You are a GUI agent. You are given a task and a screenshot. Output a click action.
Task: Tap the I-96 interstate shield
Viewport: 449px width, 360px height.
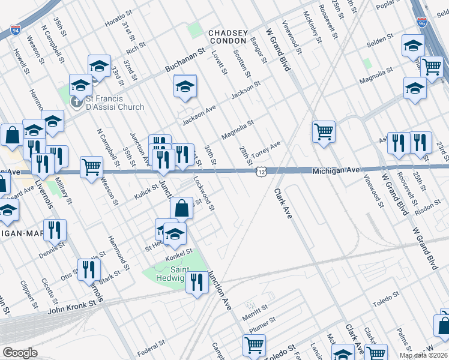click(421, 23)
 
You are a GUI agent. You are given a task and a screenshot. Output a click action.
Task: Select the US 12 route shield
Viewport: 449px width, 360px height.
click(260, 172)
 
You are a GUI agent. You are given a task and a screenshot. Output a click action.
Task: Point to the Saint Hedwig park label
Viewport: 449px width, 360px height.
click(167, 274)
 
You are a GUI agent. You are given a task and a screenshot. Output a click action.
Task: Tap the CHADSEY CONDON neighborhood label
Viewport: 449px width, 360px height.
click(228, 36)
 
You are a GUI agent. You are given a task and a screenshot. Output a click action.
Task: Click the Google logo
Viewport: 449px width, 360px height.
click(19, 353)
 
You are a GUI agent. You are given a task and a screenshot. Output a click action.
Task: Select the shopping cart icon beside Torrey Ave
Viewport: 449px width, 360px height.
click(324, 131)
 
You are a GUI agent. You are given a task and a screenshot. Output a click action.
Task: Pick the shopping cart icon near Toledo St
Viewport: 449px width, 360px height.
click(254, 345)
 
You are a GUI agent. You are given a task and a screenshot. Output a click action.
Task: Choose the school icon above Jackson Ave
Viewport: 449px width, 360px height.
click(185, 86)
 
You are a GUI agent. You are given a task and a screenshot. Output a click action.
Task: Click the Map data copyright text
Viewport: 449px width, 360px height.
click(423, 355)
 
